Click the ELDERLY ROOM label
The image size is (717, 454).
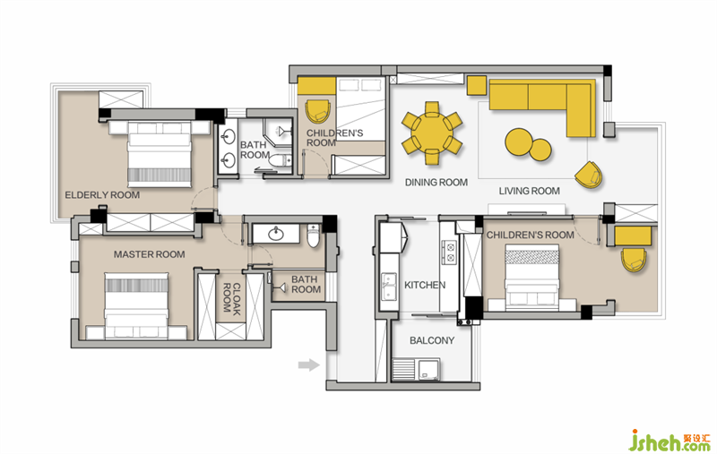click(x=102, y=195)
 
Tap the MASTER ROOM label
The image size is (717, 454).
click(x=149, y=254)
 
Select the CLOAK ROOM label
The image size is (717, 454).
click(x=232, y=298)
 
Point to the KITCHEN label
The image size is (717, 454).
click(x=425, y=285)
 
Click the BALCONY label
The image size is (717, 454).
click(x=432, y=340)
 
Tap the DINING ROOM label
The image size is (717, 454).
click(x=436, y=183)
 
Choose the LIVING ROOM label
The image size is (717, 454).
click(x=529, y=191)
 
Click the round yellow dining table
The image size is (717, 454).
click(x=432, y=133)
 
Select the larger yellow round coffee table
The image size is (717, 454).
click(x=519, y=141)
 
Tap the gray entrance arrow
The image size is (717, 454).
click(x=308, y=364)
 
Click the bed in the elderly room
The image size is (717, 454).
click(x=159, y=154)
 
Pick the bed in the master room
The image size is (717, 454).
click(x=136, y=306)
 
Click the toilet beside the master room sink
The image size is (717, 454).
click(x=313, y=236)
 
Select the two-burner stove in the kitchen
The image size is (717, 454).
click(x=449, y=253)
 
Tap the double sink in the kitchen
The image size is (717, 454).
click(x=389, y=287)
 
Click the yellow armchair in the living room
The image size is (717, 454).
click(x=589, y=175)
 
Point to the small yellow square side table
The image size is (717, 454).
click(x=477, y=85)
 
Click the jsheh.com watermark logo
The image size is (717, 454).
click(x=669, y=441)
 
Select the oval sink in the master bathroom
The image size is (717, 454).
click(x=276, y=234)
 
